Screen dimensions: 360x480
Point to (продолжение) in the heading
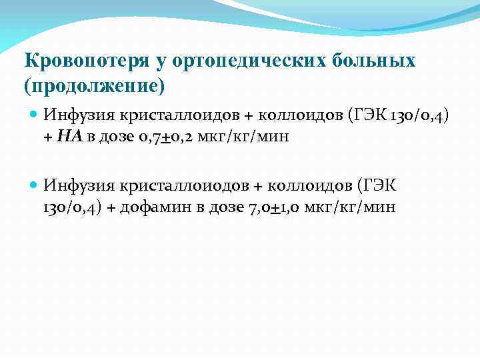pos(93,87)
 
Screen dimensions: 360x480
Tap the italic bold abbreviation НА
pos(69,137)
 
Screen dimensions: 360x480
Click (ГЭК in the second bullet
pos(379,183)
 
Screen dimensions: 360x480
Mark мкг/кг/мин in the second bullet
pos(351,207)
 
